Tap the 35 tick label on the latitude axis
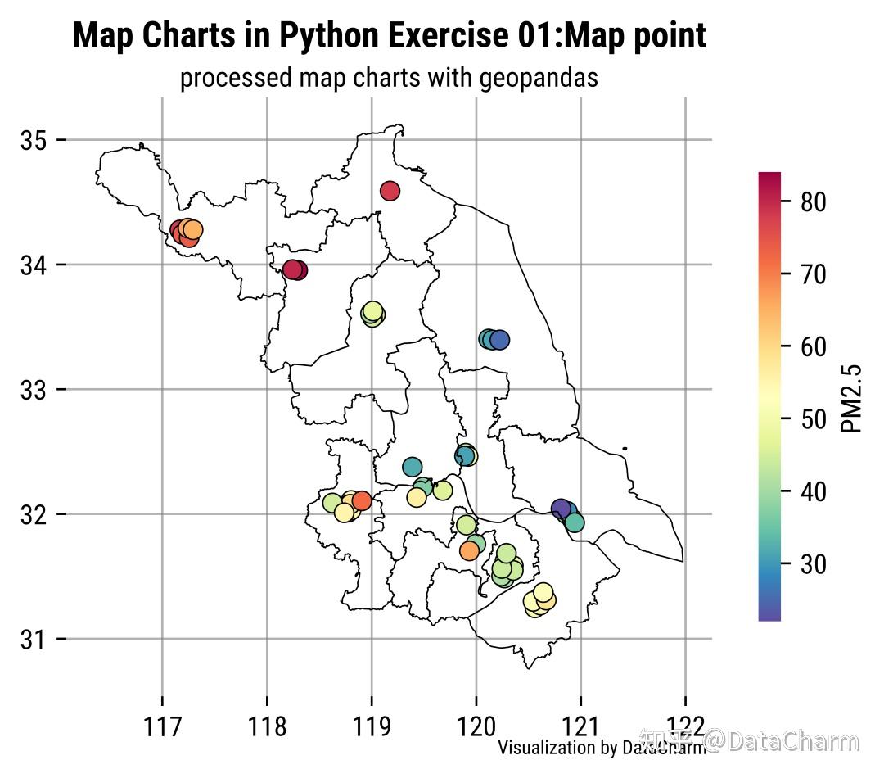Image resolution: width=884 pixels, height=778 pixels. [32, 140]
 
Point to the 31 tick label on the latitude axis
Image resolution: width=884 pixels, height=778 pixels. [32, 639]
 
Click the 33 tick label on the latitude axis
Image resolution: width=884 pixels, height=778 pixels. [32, 390]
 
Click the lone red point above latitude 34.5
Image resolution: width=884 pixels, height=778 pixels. [390, 191]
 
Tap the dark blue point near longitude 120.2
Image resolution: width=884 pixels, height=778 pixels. [500, 339]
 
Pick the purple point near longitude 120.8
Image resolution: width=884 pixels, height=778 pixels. [561, 509]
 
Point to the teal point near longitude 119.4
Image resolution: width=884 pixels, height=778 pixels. [412, 467]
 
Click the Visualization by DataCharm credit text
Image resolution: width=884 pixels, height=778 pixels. [602, 747]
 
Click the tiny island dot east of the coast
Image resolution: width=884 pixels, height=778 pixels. [625, 448]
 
